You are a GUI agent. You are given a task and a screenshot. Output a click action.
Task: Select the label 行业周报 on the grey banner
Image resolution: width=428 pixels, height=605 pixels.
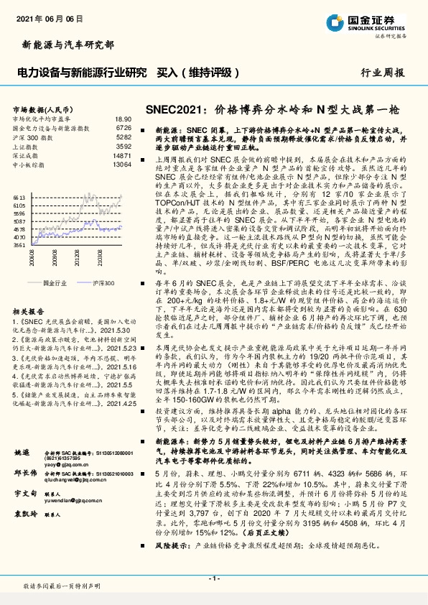click(381, 73)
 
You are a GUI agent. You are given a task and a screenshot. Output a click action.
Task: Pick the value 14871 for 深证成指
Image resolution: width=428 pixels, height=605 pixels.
click(121, 154)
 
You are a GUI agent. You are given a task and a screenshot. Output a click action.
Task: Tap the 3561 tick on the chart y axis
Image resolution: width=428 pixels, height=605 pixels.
click(19, 244)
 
